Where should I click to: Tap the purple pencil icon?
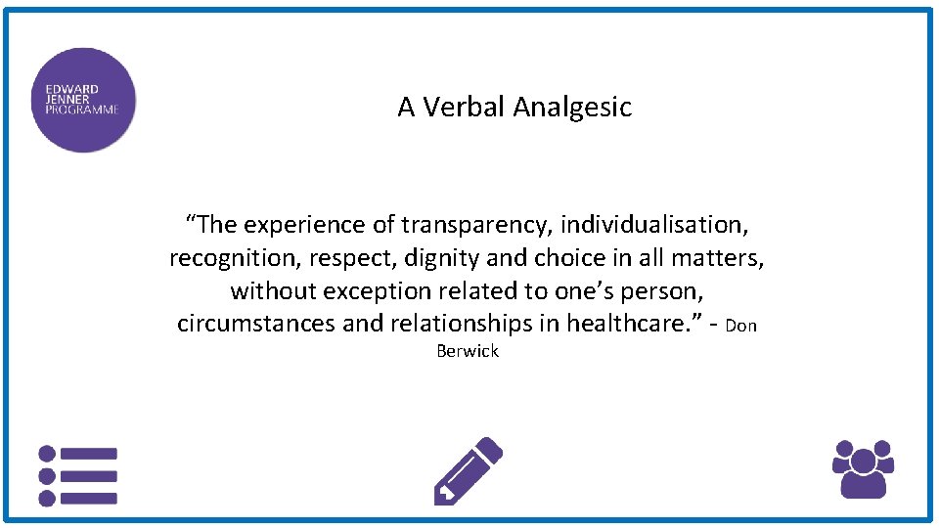468,471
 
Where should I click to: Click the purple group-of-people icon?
863,468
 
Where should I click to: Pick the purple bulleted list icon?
77,476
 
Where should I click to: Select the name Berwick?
468,351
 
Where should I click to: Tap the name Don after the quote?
741,326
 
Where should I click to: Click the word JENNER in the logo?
67,99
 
